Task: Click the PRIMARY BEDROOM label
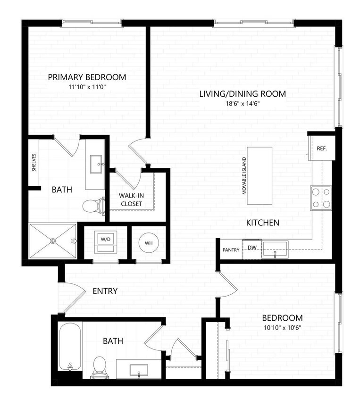pos(87,77)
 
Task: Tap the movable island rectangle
pos(260,175)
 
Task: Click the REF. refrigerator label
pos(322,148)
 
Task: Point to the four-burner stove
pos(320,198)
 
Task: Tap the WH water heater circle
pos(148,243)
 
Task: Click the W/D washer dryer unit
pos(105,240)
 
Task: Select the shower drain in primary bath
pos(52,241)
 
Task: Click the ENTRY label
pos(105,291)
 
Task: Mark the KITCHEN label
pos(263,223)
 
